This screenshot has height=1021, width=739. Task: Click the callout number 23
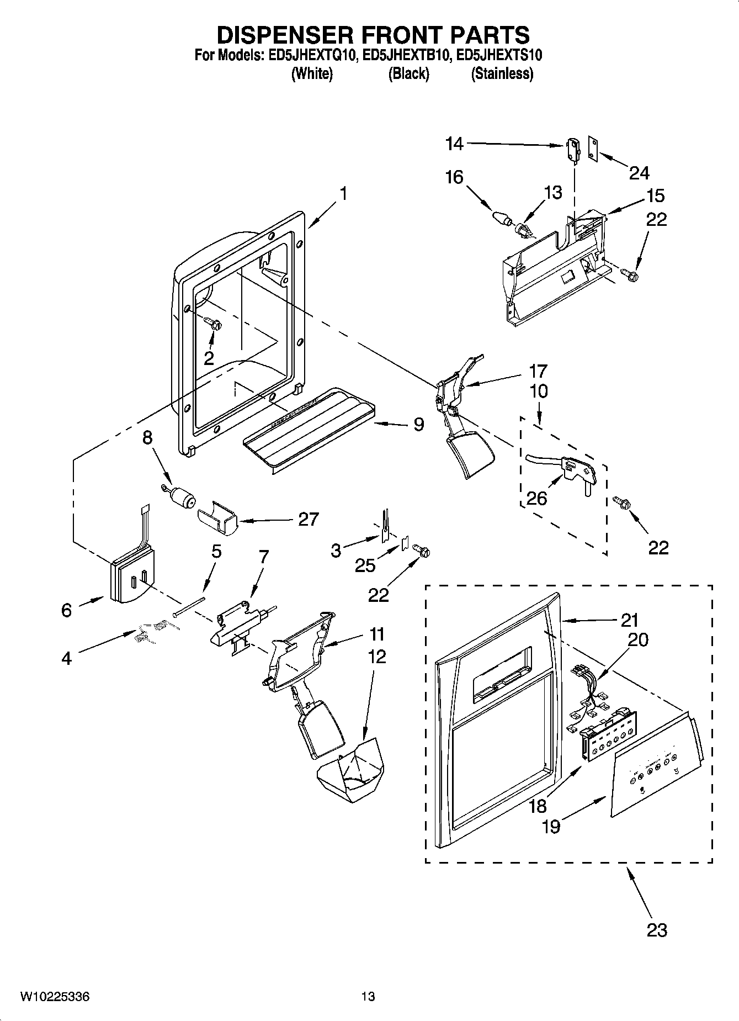tap(657, 930)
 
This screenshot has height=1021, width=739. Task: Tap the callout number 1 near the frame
tap(343, 194)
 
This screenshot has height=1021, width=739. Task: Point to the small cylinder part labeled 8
tap(182, 495)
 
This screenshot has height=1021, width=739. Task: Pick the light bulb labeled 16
tap(501, 217)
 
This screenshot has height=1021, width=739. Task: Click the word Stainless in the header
tap(502, 73)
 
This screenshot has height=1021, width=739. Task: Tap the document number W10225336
tap(55, 997)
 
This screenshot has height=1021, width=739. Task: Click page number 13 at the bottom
tap(368, 997)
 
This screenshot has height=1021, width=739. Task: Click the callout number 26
tap(536, 498)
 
